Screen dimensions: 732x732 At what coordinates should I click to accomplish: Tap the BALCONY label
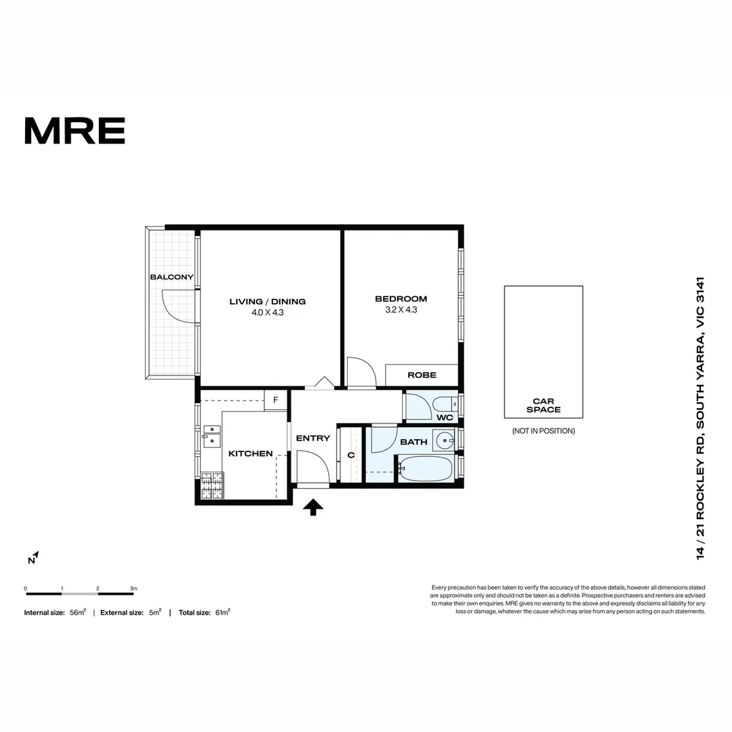point(171,277)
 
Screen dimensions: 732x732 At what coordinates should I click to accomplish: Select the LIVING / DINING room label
point(268,302)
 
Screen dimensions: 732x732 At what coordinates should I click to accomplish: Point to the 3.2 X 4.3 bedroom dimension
point(401,310)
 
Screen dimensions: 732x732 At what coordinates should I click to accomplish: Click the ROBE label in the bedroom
point(422,375)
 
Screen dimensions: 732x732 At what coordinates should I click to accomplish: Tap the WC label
point(445,418)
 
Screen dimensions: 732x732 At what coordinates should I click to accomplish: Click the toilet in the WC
point(447,403)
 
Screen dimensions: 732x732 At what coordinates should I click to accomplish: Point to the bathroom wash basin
point(444,441)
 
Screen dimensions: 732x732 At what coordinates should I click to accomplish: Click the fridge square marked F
point(275,400)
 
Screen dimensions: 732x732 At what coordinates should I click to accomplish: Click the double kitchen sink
point(211,435)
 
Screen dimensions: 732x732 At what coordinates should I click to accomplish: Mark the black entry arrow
point(312,508)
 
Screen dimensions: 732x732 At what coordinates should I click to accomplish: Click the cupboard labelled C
point(350,455)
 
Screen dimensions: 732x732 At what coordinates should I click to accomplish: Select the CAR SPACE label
point(544,405)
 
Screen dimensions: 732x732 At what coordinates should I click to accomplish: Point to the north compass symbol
point(34,558)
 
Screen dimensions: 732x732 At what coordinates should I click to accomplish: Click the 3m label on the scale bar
point(134,588)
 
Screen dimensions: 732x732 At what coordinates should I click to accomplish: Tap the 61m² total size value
point(223,613)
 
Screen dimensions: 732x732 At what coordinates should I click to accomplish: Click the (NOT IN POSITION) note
point(544,431)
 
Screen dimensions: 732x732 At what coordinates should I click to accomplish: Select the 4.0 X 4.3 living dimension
point(268,312)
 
